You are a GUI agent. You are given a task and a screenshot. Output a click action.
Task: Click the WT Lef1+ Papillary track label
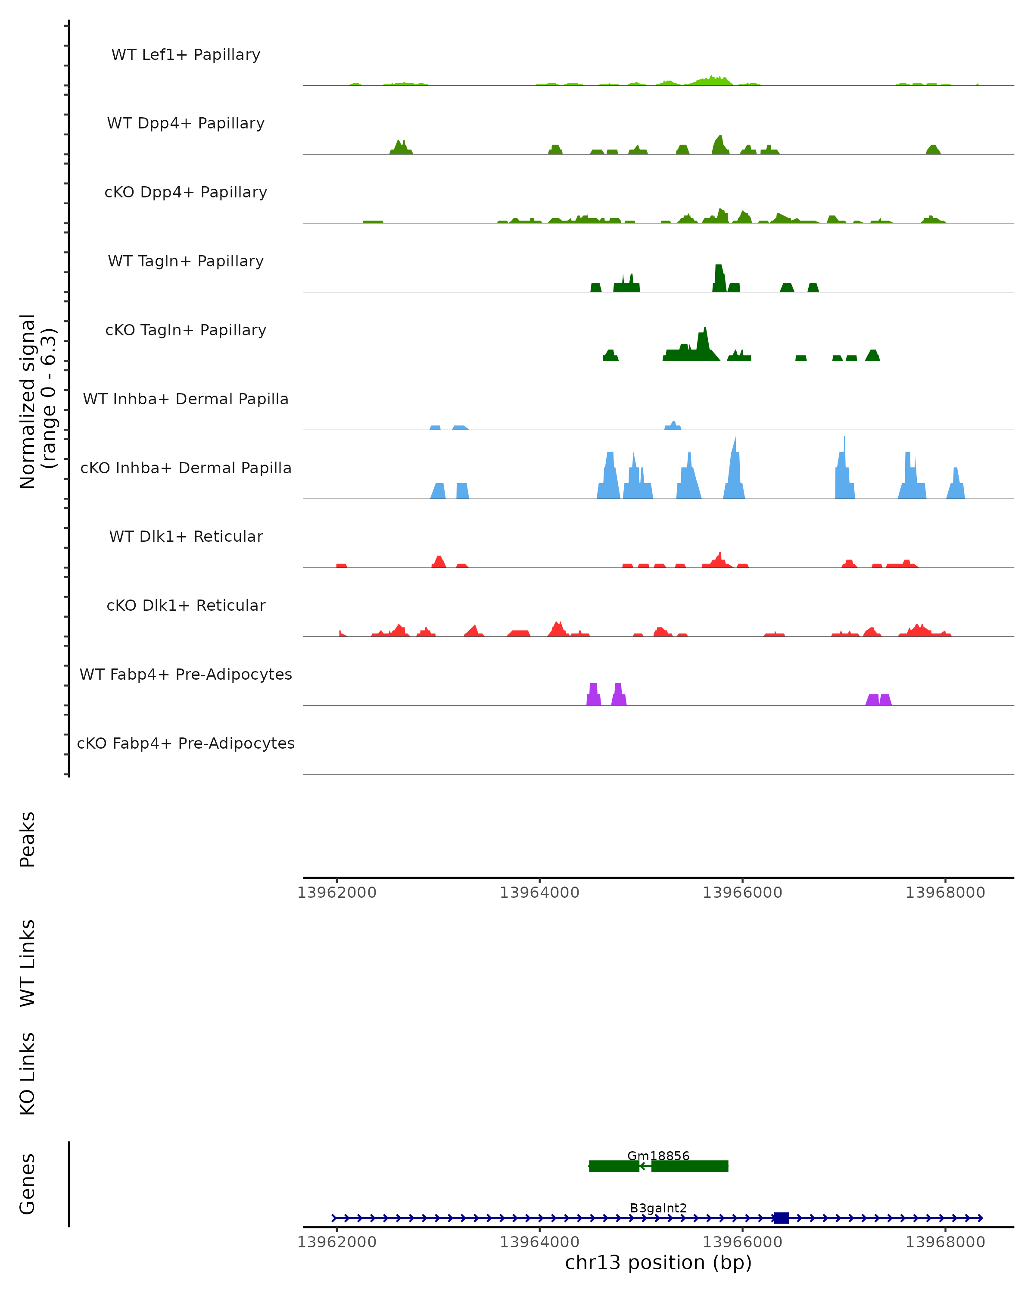186,55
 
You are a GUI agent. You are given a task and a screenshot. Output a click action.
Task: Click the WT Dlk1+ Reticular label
186,536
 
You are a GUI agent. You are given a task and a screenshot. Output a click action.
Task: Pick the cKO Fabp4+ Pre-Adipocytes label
186,743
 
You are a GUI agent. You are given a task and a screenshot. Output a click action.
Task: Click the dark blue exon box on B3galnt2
781,1218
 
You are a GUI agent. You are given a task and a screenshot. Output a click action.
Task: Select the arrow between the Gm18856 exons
645,1166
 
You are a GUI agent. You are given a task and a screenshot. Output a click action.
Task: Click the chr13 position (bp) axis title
658,1262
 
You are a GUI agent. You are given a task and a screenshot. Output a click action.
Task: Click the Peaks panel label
28,840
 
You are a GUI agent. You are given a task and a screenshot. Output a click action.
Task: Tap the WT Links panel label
28,963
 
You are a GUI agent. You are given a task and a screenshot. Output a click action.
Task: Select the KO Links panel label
28,1074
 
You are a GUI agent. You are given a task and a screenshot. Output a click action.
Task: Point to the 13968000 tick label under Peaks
945,893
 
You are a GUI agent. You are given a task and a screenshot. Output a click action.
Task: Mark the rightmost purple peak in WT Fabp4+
885,700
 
